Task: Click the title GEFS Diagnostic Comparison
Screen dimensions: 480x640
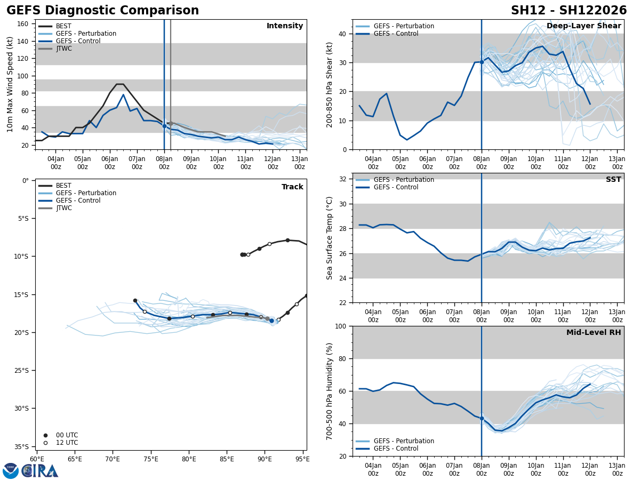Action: click(x=102, y=11)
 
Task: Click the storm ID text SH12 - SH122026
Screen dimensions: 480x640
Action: click(x=569, y=11)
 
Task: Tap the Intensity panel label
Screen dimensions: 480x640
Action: click(x=285, y=26)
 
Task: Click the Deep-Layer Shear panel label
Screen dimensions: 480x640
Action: click(x=583, y=26)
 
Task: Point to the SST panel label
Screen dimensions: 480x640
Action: click(x=613, y=180)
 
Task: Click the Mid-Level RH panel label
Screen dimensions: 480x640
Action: click(x=594, y=333)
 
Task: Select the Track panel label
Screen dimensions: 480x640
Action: click(x=292, y=187)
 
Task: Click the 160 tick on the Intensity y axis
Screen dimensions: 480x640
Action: click(x=22, y=24)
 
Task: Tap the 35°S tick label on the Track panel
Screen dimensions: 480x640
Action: click(x=21, y=446)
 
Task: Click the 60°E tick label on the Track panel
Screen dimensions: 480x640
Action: click(x=37, y=459)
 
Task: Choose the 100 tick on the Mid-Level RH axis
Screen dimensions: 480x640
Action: click(x=340, y=326)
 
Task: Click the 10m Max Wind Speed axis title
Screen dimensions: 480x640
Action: click(x=10, y=84)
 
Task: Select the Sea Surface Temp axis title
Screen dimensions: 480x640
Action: click(x=330, y=238)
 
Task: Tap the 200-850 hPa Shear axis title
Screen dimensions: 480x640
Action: click(x=330, y=84)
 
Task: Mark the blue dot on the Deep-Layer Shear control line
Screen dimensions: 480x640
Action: click(x=482, y=62)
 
